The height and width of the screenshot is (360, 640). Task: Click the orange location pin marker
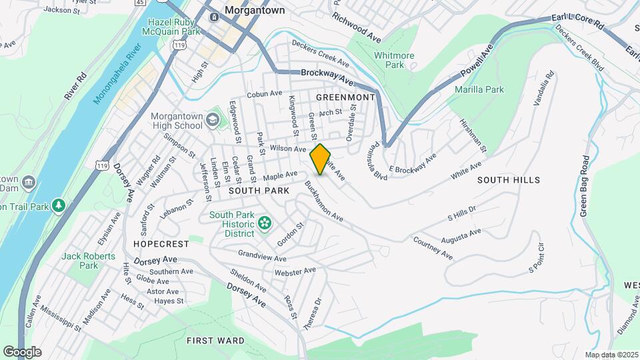321,159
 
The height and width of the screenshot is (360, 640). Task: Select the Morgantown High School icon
213,120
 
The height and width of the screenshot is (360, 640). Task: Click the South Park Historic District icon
265,222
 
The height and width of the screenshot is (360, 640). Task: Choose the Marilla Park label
478,89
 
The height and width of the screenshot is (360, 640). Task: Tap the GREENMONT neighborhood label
345,97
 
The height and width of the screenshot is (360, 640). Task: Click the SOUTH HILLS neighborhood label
509,180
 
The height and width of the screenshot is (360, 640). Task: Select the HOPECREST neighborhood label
161,244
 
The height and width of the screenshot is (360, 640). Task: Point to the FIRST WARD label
215,340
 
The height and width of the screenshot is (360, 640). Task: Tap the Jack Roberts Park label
89,260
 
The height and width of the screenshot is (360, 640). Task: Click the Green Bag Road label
585,186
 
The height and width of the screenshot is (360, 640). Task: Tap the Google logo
22,351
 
